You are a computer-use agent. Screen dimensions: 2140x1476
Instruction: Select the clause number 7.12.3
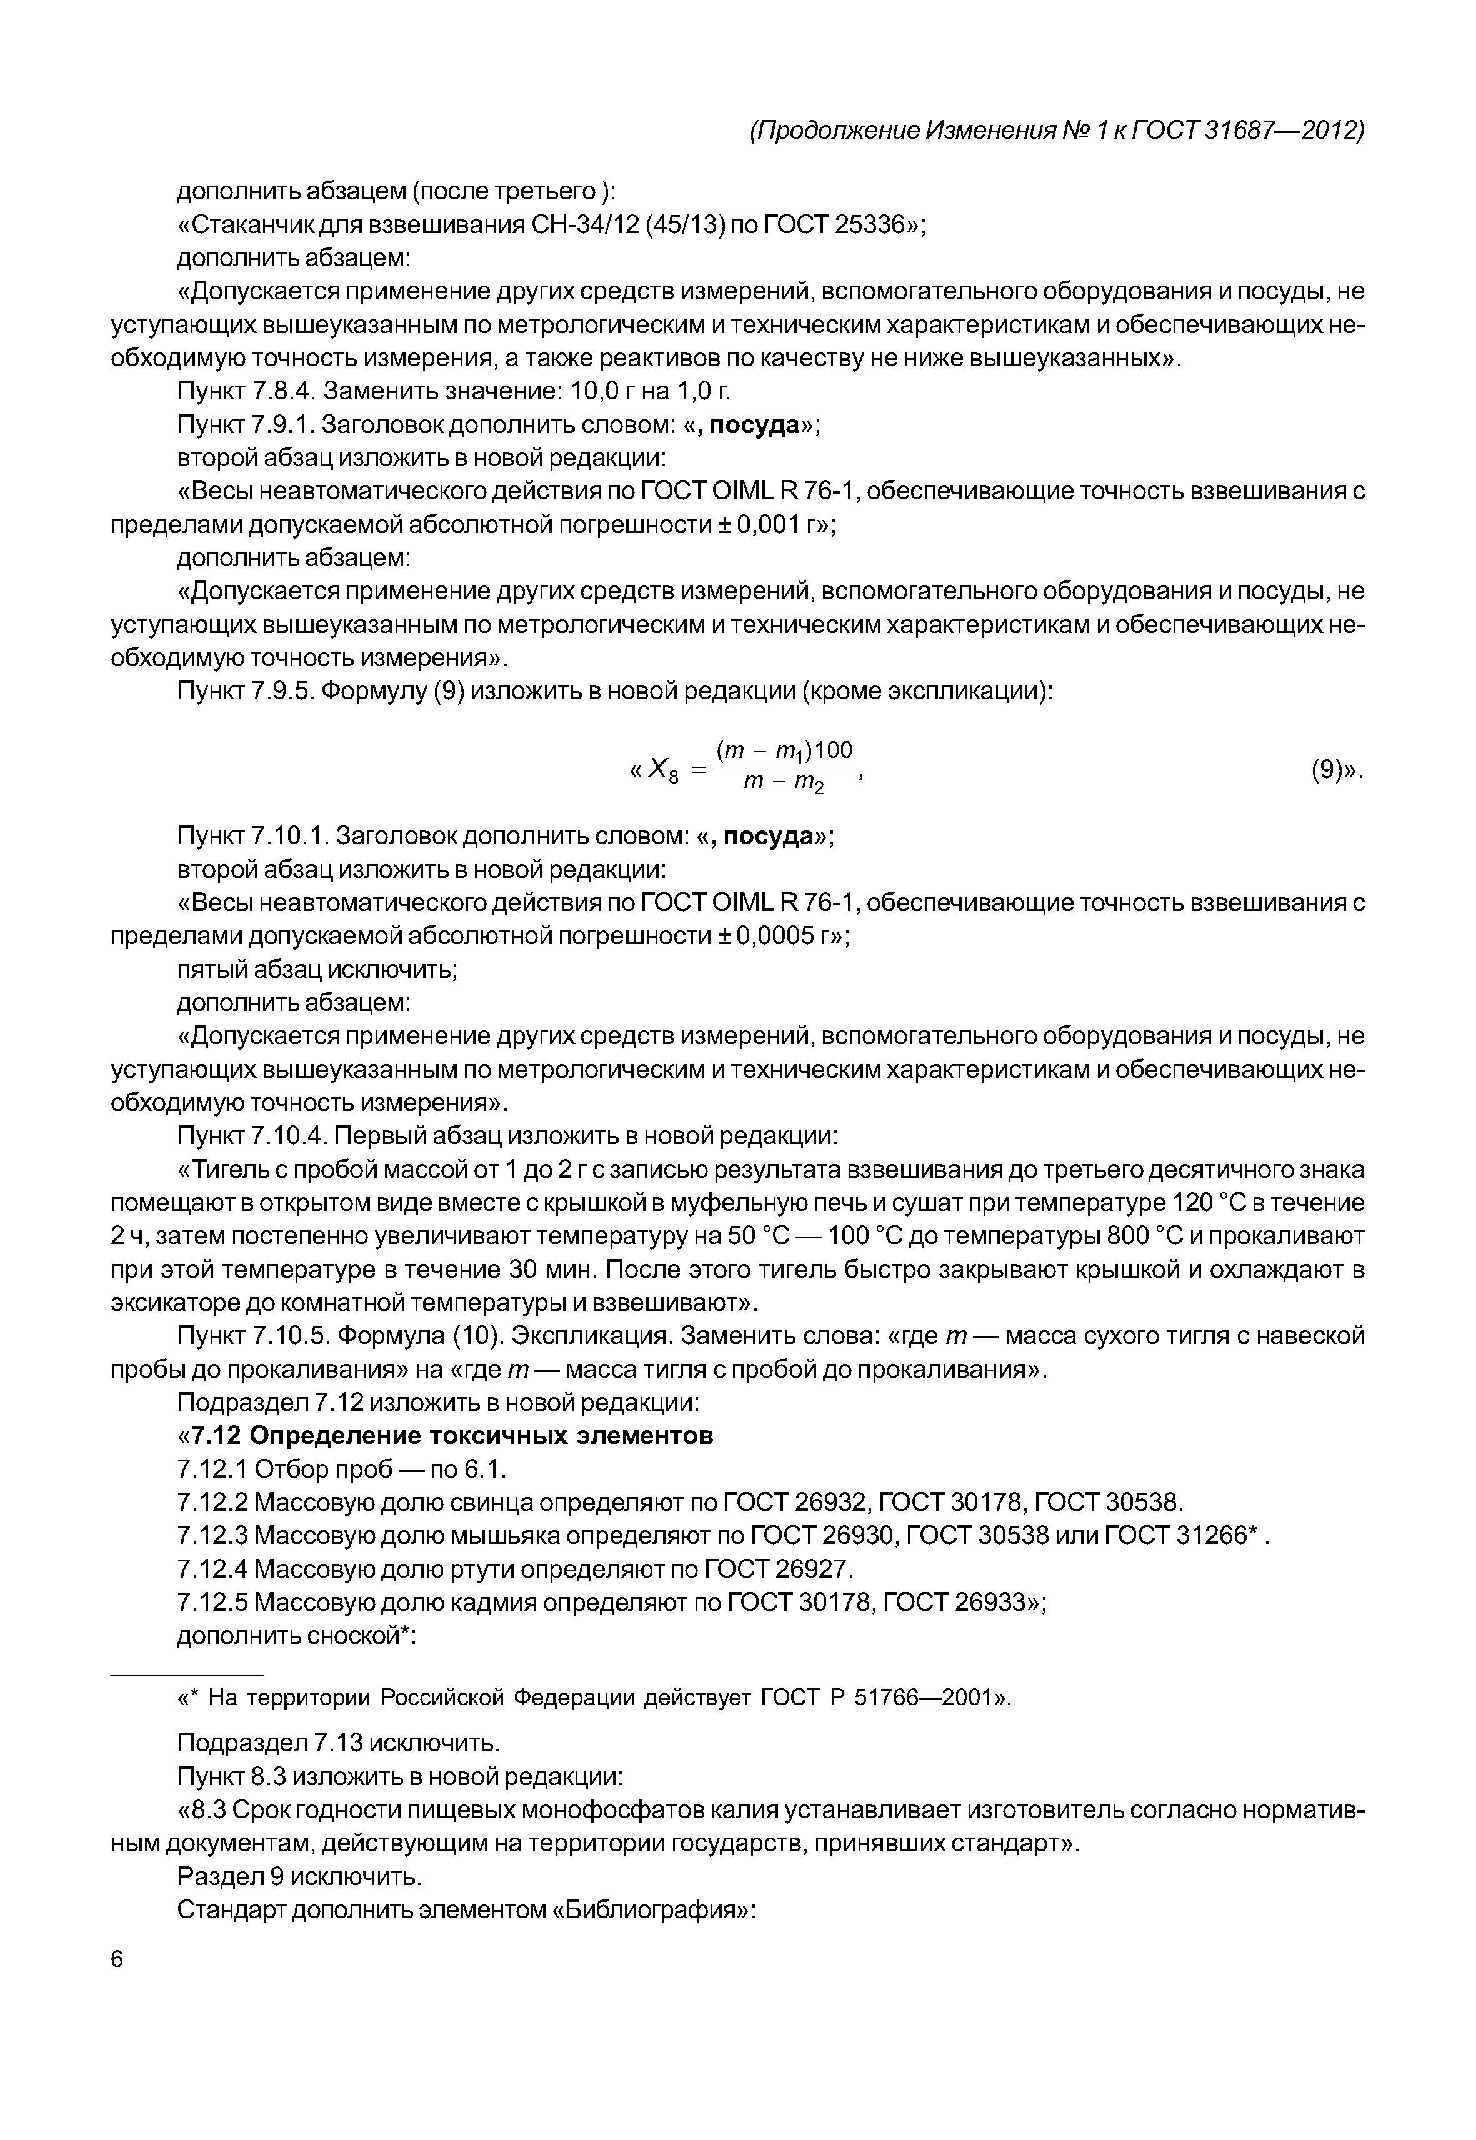212,1536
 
